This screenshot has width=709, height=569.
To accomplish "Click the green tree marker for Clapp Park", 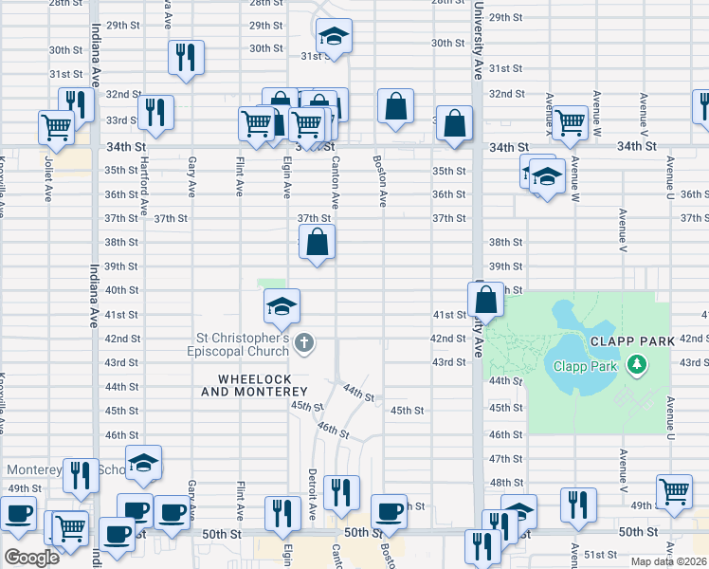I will [638, 364].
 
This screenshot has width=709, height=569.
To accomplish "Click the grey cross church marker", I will [303, 342].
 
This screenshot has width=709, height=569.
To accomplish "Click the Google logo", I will [31, 558].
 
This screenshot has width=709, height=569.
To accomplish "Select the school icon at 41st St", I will [282, 305].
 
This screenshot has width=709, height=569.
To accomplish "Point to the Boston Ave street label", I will [381, 181].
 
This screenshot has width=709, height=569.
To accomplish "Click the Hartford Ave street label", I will [145, 193].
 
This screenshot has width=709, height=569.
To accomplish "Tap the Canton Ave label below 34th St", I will [335, 181].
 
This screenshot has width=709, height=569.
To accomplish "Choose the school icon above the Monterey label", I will [142, 462].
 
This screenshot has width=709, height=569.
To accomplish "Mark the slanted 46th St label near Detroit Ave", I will [334, 431].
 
